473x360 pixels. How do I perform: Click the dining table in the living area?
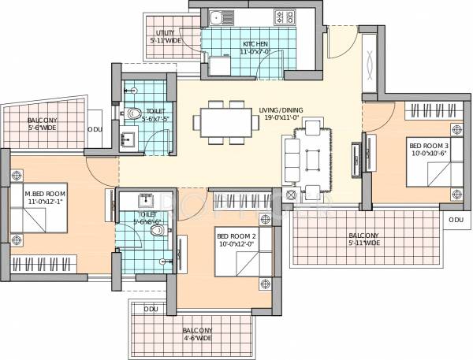point(226,122)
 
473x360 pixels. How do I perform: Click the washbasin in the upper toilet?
point(128,140)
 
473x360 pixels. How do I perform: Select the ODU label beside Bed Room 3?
point(456,219)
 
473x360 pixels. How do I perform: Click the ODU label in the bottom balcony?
point(151,310)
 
